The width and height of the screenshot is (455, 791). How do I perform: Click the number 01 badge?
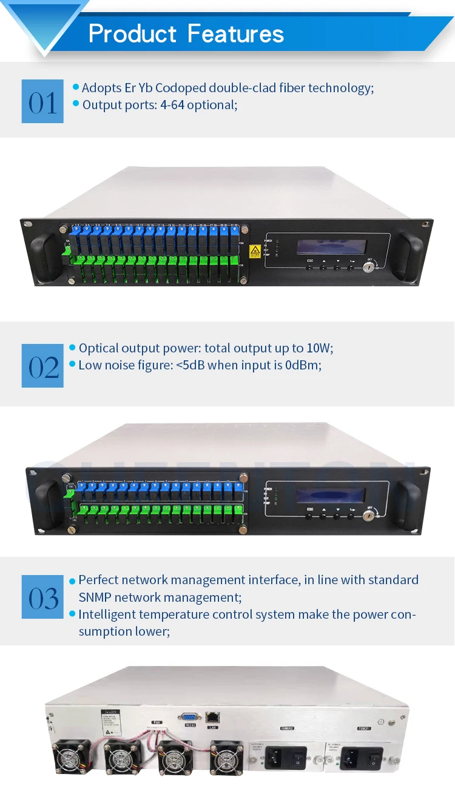[x=42, y=101]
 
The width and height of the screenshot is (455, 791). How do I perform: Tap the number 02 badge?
[x=42, y=366]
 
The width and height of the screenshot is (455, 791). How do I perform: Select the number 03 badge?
[x=42, y=597]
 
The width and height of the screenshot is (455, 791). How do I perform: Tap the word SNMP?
[x=95, y=597]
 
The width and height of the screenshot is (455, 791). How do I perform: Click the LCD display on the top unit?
[x=331, y=246]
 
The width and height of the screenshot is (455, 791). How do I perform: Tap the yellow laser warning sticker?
[x=255, y=250]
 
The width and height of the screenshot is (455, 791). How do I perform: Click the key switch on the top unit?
[x=367, y=265]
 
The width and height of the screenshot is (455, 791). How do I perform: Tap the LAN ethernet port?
[x=212, y=718]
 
